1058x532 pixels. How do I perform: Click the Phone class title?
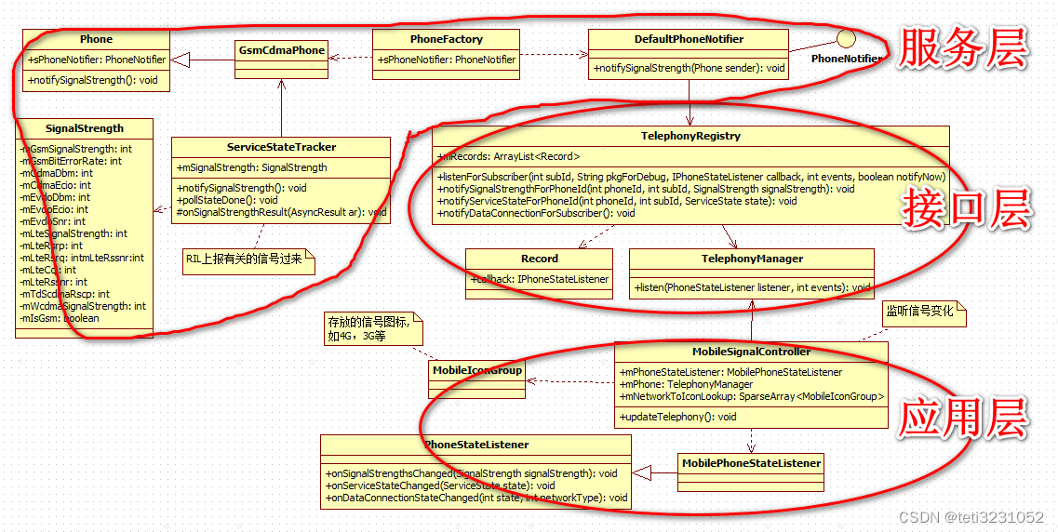[x=96, y=39]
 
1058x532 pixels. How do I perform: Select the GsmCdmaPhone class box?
[x=281, y=50]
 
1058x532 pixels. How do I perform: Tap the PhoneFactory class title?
[x=446, y=39]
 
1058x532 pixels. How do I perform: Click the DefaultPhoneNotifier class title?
[x=689, y=39]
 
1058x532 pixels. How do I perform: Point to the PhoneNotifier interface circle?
[x=846, y=38]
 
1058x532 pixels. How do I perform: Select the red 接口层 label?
[x=967, y=211]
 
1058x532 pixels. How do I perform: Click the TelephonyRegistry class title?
[x=690, y=136]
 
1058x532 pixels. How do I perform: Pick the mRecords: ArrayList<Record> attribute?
[x=508, y=156]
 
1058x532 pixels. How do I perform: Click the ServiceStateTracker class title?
[x=281, y=147]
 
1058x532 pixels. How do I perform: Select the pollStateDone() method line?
[x=227, y=200]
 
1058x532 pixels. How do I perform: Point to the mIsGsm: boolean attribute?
[x=60, y=318]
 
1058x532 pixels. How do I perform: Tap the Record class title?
[x=539, y=259]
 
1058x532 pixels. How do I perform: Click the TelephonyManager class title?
[x=752, y=259]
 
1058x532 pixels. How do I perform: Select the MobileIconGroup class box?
[x=477, y=370]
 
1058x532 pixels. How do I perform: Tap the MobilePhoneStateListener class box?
[x=751, y=463]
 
